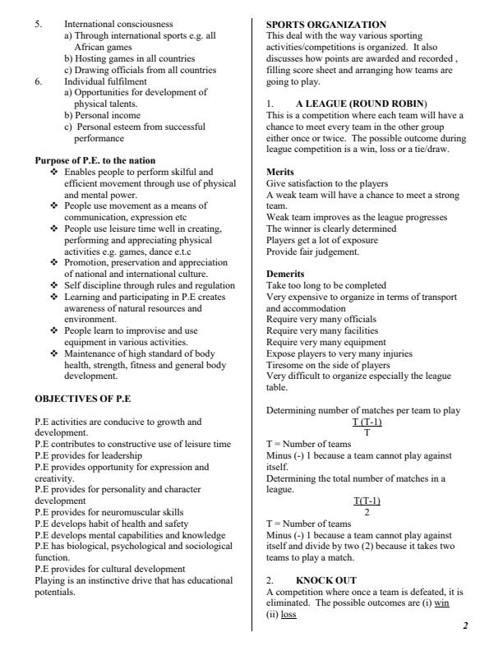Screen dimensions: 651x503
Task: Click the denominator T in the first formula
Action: (367, 432)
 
